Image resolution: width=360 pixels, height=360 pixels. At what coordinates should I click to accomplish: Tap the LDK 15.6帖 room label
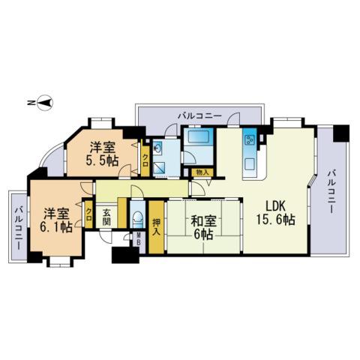tap(275, 213)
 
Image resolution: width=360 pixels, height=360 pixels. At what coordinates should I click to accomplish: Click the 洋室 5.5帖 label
tap(102, 154)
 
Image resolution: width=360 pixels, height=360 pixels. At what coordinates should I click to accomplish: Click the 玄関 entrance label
tap(106, 217)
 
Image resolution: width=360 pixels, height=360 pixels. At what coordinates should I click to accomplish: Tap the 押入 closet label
tap(156, 227)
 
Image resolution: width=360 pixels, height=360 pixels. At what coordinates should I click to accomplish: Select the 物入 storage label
tap(202, 172)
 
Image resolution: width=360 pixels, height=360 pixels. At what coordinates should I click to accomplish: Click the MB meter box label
tap(138, 238)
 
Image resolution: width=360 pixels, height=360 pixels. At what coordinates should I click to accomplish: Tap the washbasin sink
tap(157, 148)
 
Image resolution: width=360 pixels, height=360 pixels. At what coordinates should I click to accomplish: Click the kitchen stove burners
tap(249, 140)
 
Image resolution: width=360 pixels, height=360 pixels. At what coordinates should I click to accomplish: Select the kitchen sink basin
tap(250, 165)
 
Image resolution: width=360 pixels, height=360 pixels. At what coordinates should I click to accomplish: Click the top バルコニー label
tap(199, 115)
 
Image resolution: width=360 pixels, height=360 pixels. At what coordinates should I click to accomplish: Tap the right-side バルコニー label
tap(331, 191)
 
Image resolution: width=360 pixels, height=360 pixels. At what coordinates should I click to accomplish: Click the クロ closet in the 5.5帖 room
tap(145, 160)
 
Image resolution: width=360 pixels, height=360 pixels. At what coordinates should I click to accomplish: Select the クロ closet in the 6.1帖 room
tap(88, 214)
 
